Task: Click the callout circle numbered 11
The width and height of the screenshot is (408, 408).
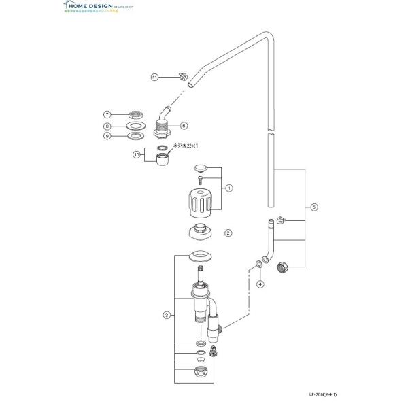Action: (x=154, y=78)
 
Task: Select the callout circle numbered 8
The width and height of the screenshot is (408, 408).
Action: (x=107, y=126)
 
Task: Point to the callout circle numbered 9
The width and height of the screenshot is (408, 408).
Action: (x=107, y=136)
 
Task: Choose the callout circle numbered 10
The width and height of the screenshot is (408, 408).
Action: (x=136, y=156)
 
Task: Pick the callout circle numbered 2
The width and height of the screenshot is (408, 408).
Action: (x=228, y=232)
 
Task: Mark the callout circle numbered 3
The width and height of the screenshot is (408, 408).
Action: (x=166, y=315)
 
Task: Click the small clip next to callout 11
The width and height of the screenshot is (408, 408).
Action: (x=182, y=76)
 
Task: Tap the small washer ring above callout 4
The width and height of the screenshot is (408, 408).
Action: (x=260, y=264)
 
